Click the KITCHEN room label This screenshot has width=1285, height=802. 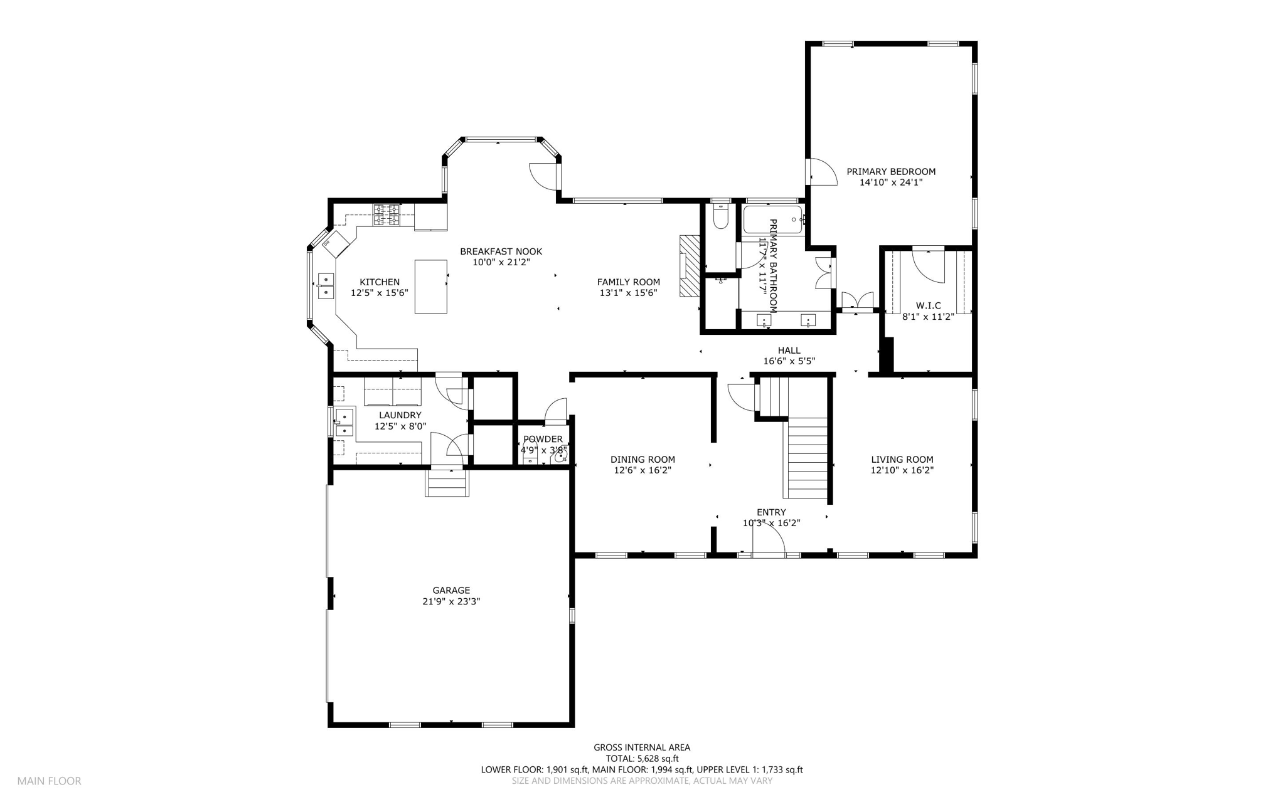[379, 282]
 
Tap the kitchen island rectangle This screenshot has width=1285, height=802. [431, 287]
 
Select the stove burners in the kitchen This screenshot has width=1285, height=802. [387, 215]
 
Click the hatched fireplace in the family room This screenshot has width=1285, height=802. [689, 265]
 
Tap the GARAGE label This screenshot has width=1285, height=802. [451, 590]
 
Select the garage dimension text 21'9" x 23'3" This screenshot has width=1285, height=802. [451, 601]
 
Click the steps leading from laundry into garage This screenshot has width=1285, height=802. [447, 483]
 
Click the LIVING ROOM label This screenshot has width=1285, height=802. [902, 460]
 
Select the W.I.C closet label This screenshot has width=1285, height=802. [929, 305]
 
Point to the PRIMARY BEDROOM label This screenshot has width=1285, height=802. [891, 171]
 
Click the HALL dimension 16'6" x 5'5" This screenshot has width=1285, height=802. [789, 361]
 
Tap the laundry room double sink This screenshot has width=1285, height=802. [344, 422]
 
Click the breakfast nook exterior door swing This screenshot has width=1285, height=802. [543, 175]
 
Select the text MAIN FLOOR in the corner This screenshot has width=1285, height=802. [49, 781]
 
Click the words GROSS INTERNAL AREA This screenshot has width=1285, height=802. [642, 747]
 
